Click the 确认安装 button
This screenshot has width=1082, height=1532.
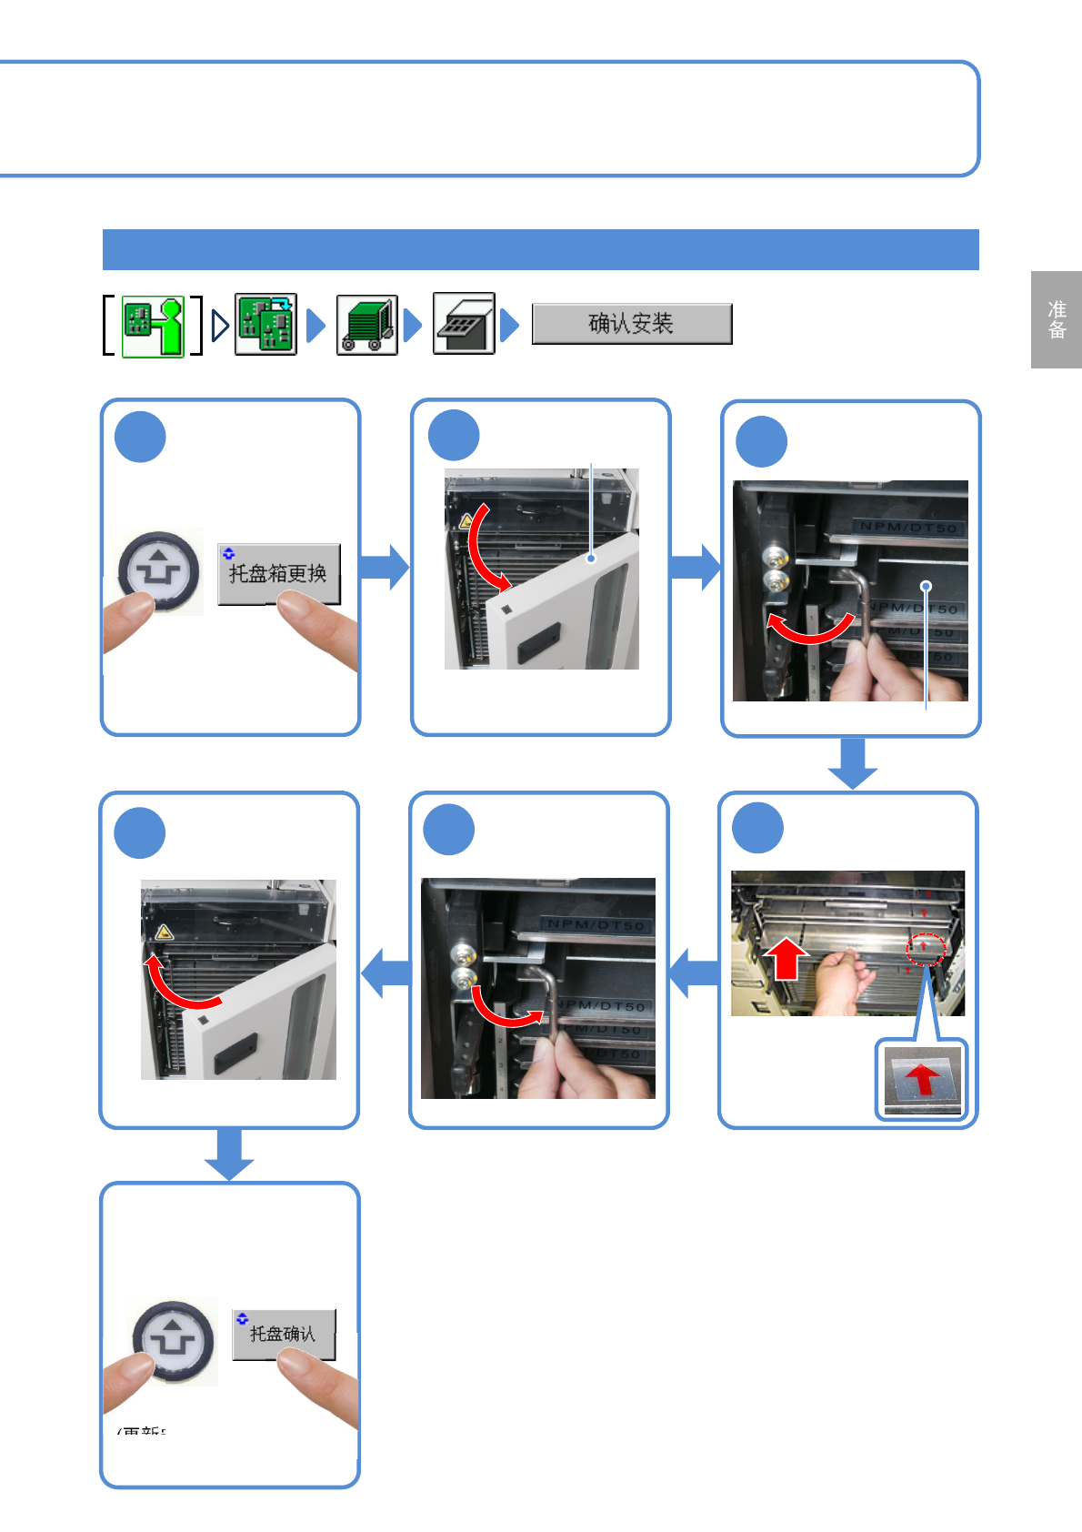(x=631, y=324)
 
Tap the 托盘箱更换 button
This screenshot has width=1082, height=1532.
(x=278, y=573)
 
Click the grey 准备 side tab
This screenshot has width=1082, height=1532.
(x=1056, y=319)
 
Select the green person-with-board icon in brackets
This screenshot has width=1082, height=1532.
(x=153, y=326)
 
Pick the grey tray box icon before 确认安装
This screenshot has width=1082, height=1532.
(x=464, y=324)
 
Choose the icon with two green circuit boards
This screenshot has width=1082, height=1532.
(x=265, y=324)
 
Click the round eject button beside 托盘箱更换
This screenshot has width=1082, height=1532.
(x=158, y=570)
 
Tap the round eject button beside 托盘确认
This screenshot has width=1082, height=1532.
(x=173, y=1340)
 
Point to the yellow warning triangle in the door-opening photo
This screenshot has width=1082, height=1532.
(x=466, y=522)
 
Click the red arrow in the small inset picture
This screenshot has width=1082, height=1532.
(x=923, y=1079)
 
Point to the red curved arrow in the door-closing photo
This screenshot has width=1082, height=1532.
(x=178, y=987)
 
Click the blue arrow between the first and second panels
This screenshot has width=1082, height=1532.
(x=386, y=567)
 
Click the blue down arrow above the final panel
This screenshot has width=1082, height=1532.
(x=229, y=1154)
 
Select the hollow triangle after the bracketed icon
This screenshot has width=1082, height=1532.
(x=219, y=325)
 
